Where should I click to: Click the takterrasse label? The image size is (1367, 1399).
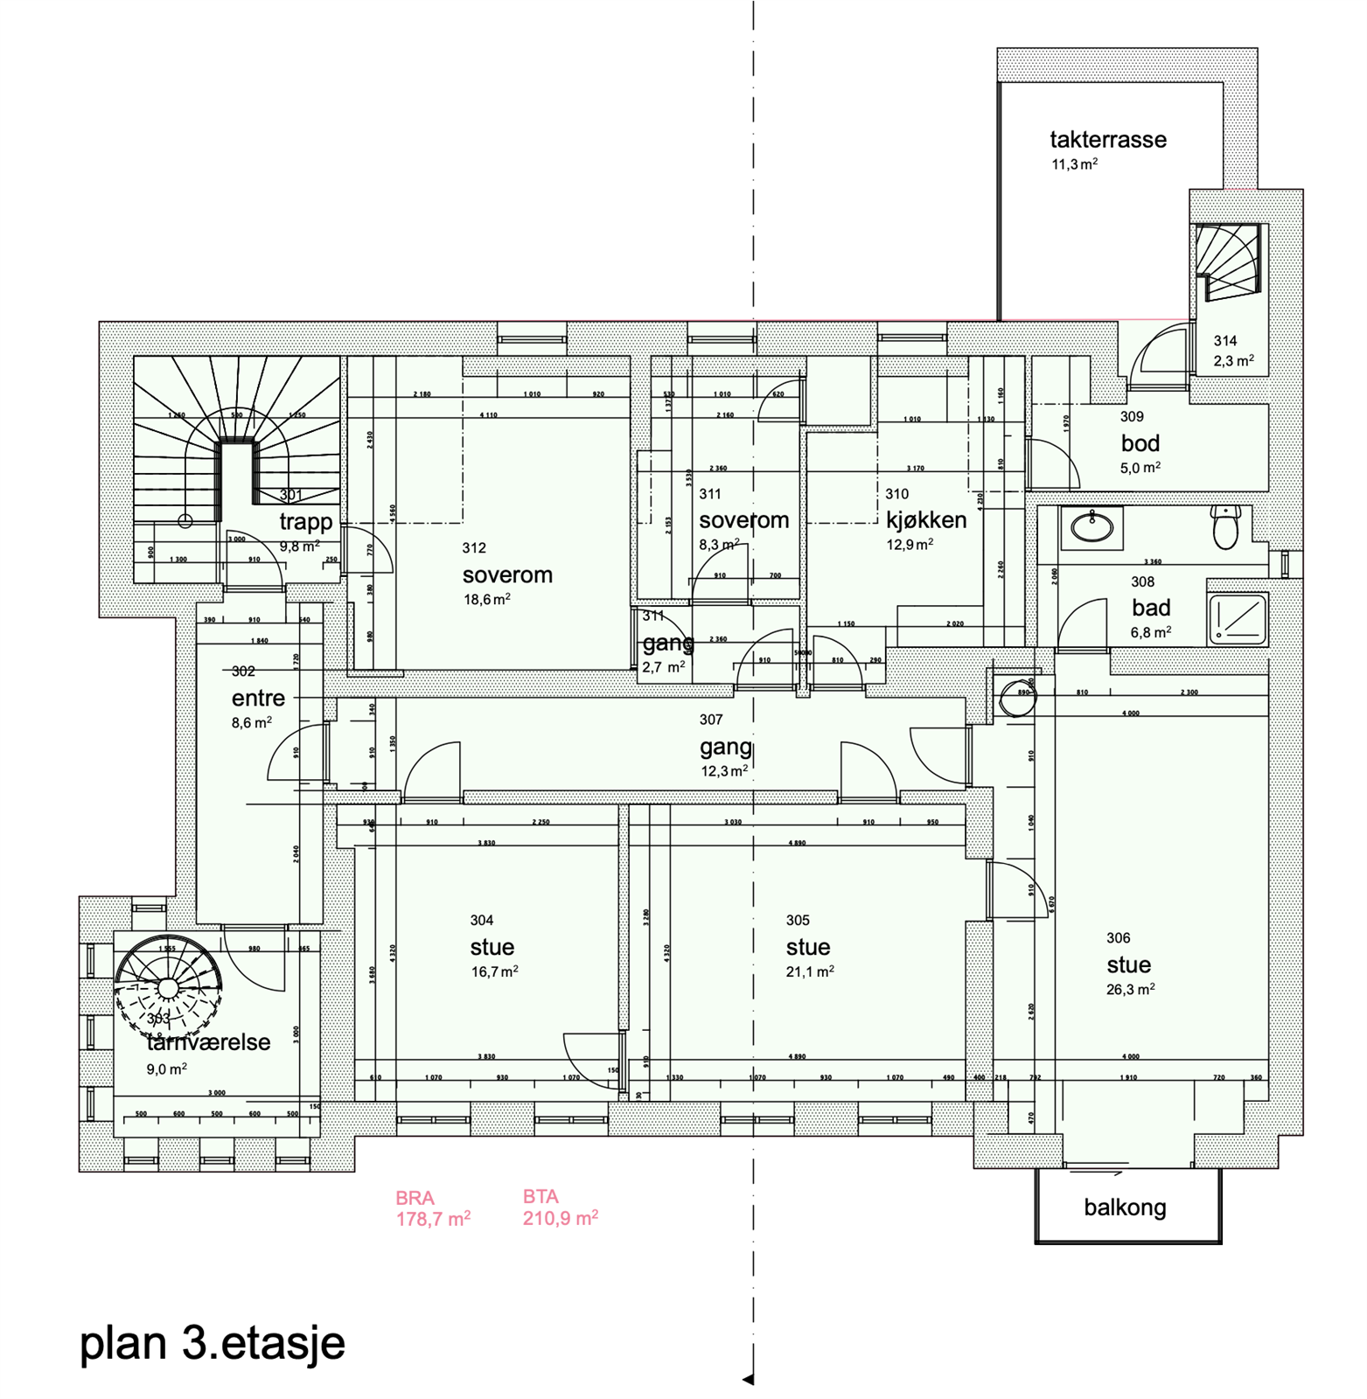(x=1107, y=140)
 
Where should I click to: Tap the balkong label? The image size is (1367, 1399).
(x=1125, y=1208)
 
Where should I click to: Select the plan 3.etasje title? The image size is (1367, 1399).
(x=213, y=1342)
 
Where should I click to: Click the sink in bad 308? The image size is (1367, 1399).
(x=1092, y=527)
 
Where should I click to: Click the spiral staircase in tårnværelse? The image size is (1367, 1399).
(x=167, y=986)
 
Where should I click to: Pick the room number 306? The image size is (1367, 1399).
(x=1118, y=938)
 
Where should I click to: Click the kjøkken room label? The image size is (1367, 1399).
(x=926, y=520)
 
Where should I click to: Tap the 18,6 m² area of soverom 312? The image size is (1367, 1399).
(x=486, y=600)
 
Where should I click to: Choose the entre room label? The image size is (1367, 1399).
(x=258, y=699)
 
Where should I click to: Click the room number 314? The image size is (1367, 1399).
(x=1224, y=341)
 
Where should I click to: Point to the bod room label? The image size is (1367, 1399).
(x=1140, y=443)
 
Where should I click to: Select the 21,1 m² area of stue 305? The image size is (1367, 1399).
(x=809, y=971)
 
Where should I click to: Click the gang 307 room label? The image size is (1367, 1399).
(x=725, y=748)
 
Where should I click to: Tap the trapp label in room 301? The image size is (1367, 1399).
(x=305, y=522)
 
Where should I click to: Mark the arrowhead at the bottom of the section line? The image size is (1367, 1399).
(x=749, y=1380)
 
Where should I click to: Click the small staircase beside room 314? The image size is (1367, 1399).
(x=1229, y=261)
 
